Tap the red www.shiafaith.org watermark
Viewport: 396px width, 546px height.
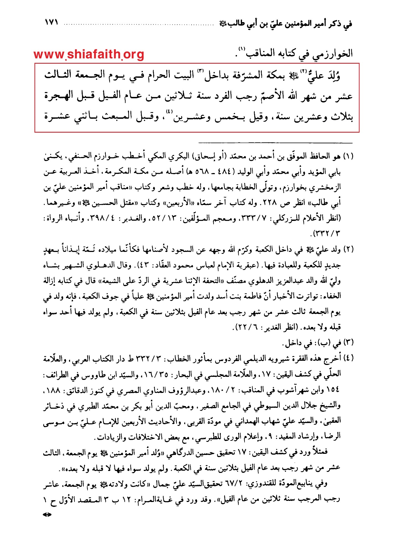tap(89, 54)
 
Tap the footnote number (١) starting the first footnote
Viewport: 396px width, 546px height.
tap(348, 157)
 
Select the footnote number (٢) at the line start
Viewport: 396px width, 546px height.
tap(348, 250)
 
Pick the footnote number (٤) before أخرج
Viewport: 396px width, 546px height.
tap(348, 358)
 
